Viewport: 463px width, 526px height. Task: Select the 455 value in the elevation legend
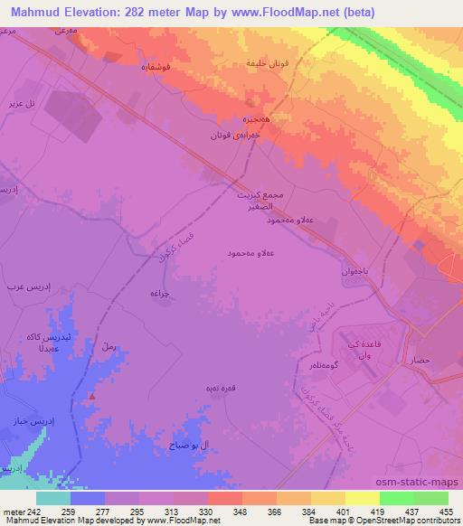pos(446,512)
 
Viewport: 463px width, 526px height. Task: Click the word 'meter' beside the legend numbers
pos(14,512)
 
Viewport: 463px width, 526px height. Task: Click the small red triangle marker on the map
pos(90,396)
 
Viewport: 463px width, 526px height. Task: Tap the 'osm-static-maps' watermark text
pos(425,482)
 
